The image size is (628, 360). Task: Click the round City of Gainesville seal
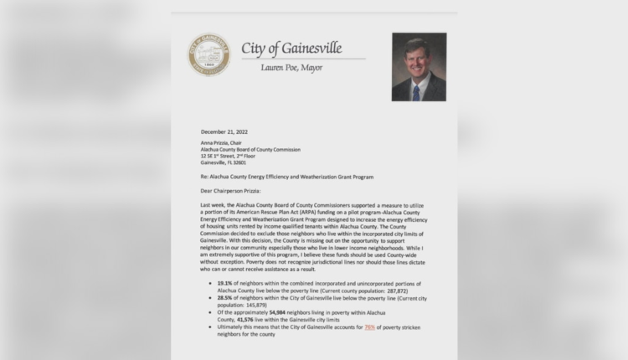pyautogui.click(x=208, y=54)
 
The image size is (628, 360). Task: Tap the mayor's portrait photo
pyautogui.click(x=419, y=66)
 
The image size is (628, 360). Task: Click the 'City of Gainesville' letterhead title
pyautogui.click(x=291, y=48)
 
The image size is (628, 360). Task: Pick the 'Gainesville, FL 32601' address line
pyautogui.click(x=224, y=162)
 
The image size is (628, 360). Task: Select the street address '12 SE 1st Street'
pyautogui.click(x=226, y=156)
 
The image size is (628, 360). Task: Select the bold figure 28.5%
pyautogui.click(x=224, y=297)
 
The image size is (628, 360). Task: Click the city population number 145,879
pyautogui.click(x=252, y=304)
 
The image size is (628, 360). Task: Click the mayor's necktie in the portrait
pyautogui.click(x=416, y=90)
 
